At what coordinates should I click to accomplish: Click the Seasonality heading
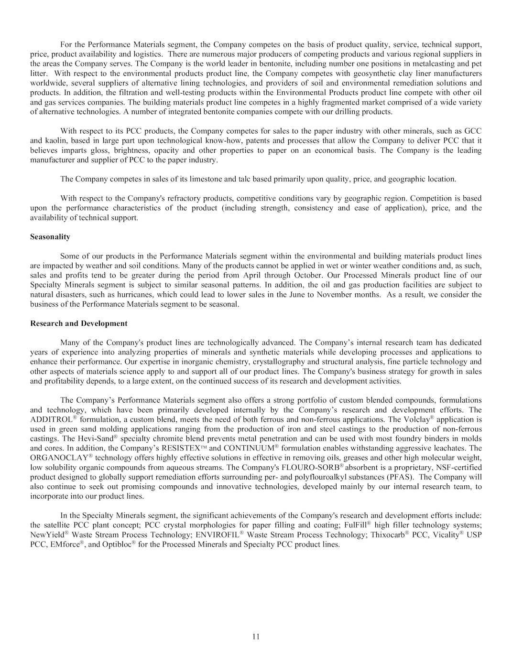(x=50, y=237)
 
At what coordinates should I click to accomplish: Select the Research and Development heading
(x=78, y=323)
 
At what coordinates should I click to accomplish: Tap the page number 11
(x=256, y=636)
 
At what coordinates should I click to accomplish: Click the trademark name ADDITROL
(x=51, y=419)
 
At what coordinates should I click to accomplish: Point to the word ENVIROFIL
(x=218, y=534)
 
